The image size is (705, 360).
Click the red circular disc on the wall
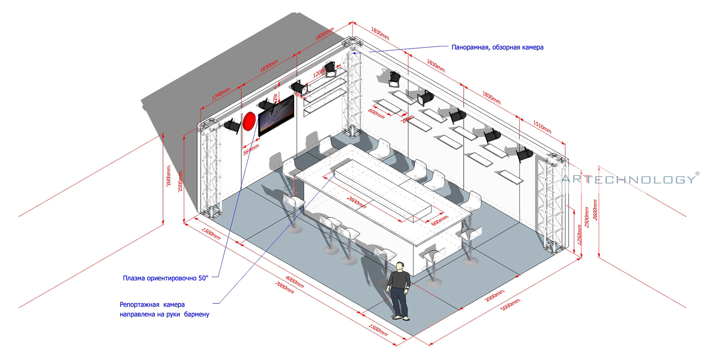pos(249,121)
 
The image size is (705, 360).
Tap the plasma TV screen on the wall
pos(276,115)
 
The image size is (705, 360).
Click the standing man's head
pos(400,266)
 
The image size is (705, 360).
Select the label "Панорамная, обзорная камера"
pos(497,47)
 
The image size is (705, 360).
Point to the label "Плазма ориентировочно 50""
pos(166,278)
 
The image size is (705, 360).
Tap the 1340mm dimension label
pos(220,94)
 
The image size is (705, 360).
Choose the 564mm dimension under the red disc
pos(251,149)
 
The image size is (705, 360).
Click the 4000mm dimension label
pos(294,282)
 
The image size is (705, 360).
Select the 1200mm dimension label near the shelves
pos(319,73)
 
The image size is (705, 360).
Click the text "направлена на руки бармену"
pos(164,314)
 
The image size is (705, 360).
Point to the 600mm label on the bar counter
pos(440,221)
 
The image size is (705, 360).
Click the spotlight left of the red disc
pos(232,126)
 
